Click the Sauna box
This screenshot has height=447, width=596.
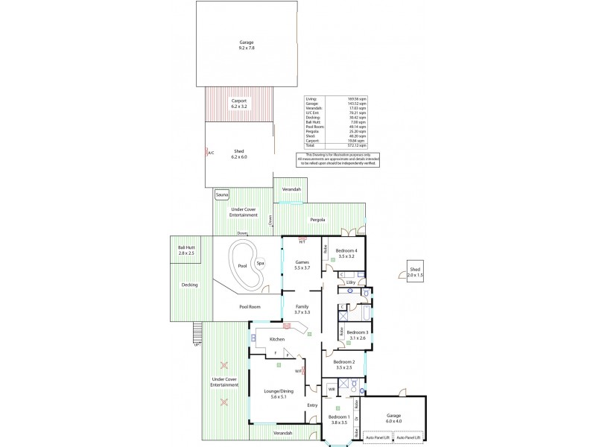[221, 195]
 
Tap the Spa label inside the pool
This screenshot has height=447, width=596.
[260, 263]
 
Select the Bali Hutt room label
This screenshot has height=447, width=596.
[186, 250]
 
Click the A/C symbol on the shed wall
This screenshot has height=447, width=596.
[210, 153]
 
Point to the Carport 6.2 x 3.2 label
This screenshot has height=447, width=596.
[238, 104]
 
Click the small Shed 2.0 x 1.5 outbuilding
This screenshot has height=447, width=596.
[415, 272]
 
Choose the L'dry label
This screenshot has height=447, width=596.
[349, 283]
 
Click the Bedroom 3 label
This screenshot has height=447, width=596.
[358, 335]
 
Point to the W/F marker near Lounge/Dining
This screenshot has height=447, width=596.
[298, 371]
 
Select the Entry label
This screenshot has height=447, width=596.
[312, 405]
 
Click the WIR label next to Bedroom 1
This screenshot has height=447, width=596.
[331, 388]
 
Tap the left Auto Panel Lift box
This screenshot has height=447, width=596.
[378, 437]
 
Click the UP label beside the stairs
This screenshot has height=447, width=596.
[197, 345]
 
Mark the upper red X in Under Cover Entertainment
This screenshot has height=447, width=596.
[224, 366]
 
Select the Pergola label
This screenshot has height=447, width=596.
[317, 220]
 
